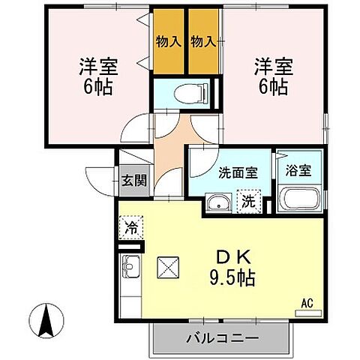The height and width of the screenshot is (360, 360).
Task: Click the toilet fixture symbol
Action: pyautogui.click(x=181, y=94)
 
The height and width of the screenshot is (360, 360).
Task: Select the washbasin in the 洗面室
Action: pyautogui.click(x=219, y=202)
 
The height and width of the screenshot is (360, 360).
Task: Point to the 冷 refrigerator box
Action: pyautogui.click(x=131, y=226)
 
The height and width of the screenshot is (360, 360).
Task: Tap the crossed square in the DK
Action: pyautogui.click(x=166, y=266)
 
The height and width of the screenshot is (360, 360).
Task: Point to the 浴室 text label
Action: pyautogui.click(x=299, y=169)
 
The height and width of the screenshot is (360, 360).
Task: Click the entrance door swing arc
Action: pyautogui.click(x=100, y=181)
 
